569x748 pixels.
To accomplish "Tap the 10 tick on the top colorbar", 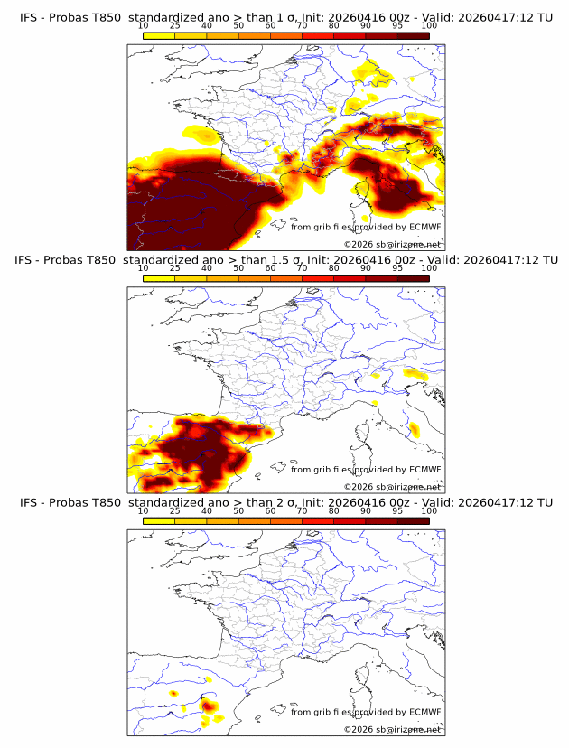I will coord(144,27).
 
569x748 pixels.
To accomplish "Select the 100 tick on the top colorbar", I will coord(429,27).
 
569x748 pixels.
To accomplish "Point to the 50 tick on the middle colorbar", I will coord(238,269).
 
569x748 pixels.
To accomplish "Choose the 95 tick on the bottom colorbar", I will coord(397,511).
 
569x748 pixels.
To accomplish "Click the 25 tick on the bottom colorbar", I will coord(175,511).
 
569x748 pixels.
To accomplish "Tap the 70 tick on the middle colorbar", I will coord(302,269).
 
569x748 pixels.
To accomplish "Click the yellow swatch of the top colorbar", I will coord(159,35).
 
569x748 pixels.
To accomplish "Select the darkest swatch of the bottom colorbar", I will coord(413,519).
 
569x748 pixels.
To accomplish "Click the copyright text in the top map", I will coord(392,244).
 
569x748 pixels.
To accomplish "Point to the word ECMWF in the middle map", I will coord(424,470).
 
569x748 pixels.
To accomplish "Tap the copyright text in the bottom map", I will coord(392,729).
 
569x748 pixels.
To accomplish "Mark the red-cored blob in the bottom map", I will coord(206,706).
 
